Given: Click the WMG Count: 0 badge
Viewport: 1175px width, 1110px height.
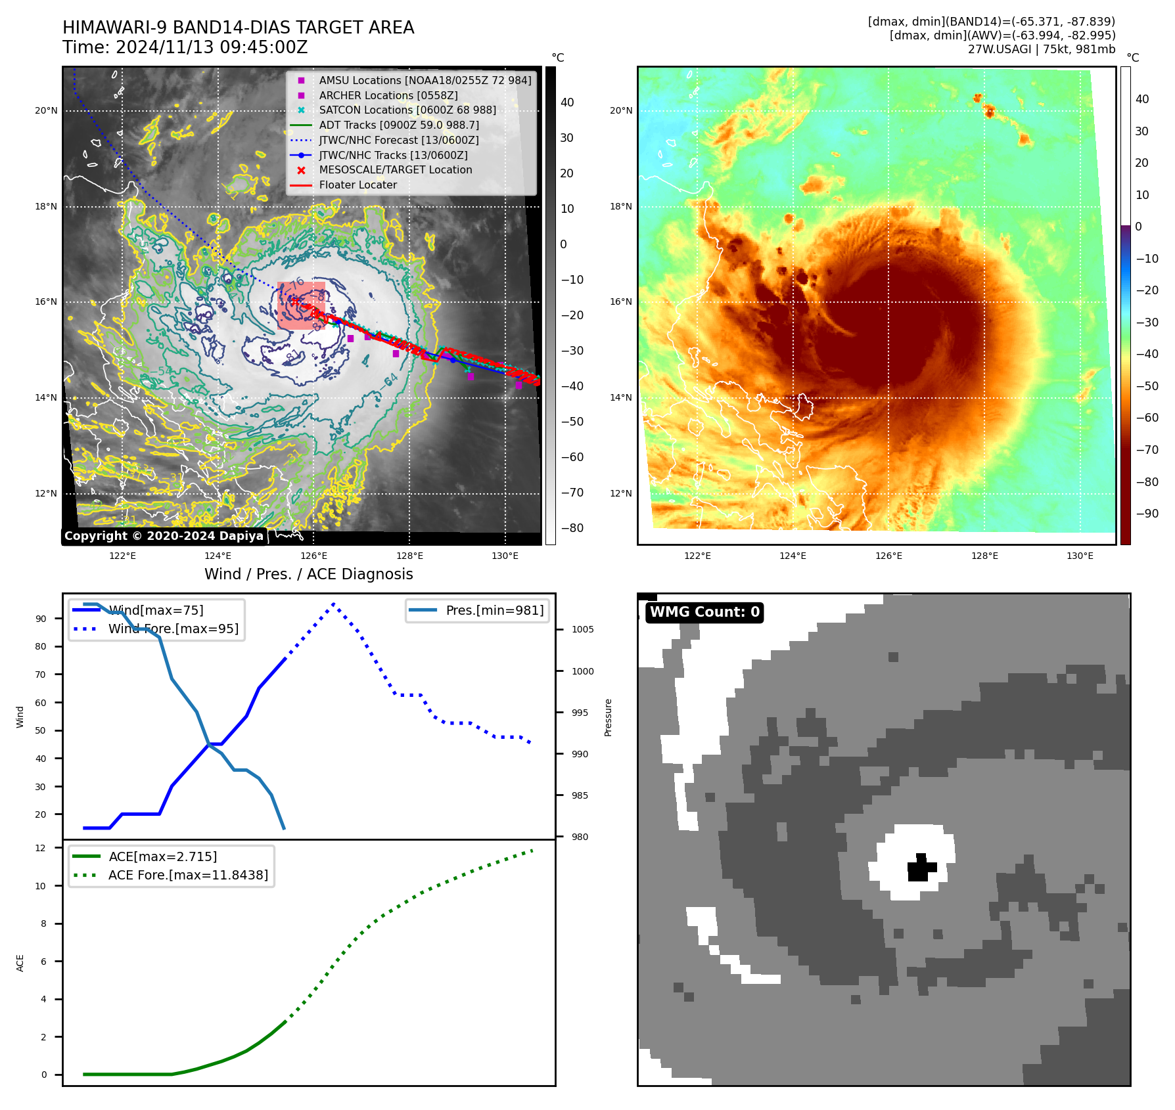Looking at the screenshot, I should pyautogui.click(x=704, y=612).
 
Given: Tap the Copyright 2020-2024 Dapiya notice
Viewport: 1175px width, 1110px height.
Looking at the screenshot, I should pyautogui.click(x=164, y=536).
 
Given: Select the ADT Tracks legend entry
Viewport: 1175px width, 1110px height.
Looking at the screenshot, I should pyautogui.click(x=398, y=125).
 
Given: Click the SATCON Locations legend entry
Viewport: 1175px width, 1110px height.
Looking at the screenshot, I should pyautogui.click(x=407, y=110).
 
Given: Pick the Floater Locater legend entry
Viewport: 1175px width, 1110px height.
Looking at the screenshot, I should pyautogui.click(x=357, y=185).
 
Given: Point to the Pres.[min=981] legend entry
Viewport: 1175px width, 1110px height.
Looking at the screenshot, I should pyautogui.click(x=494, y=611).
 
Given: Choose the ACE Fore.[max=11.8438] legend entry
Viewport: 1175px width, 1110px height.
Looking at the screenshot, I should pyautogui.click(x=188, y=875).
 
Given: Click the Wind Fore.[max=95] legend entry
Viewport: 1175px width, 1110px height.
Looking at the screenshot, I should pyautogui.click(x=173, y=629).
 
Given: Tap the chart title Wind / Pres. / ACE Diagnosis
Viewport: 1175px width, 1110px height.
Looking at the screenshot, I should pyautogui.click(x=309, y=574).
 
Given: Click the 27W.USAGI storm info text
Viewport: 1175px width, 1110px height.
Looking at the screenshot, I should pyautogui.click(x=1041, y=49).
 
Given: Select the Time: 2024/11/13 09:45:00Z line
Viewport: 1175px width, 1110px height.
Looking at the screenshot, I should pyautogui.click(x=185, y=47).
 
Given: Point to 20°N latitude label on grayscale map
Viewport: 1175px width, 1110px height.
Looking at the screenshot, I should pyautogui.click(x=46, y=110).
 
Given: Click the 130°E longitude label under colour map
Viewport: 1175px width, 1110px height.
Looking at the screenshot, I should pyautogui.click(x=1080, y=556).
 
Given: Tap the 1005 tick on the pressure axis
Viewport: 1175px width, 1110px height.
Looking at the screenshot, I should pyautogui.click(x=582, y=629).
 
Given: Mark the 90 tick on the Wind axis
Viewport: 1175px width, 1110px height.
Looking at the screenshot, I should pyautogui.click(x=41, y=619).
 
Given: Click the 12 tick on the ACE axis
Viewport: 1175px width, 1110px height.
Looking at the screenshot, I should pyautogui.click(x=41, y=848).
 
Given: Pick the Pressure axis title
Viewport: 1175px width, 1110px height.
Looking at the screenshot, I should pyautogui.click(x=609, y=717).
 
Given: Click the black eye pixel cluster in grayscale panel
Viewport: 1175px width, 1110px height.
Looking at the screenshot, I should pyautogui.click(x=921, y=868).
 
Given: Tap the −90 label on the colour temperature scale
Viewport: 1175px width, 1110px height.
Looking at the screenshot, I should pyautogui.click(x=1147, y=514).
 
